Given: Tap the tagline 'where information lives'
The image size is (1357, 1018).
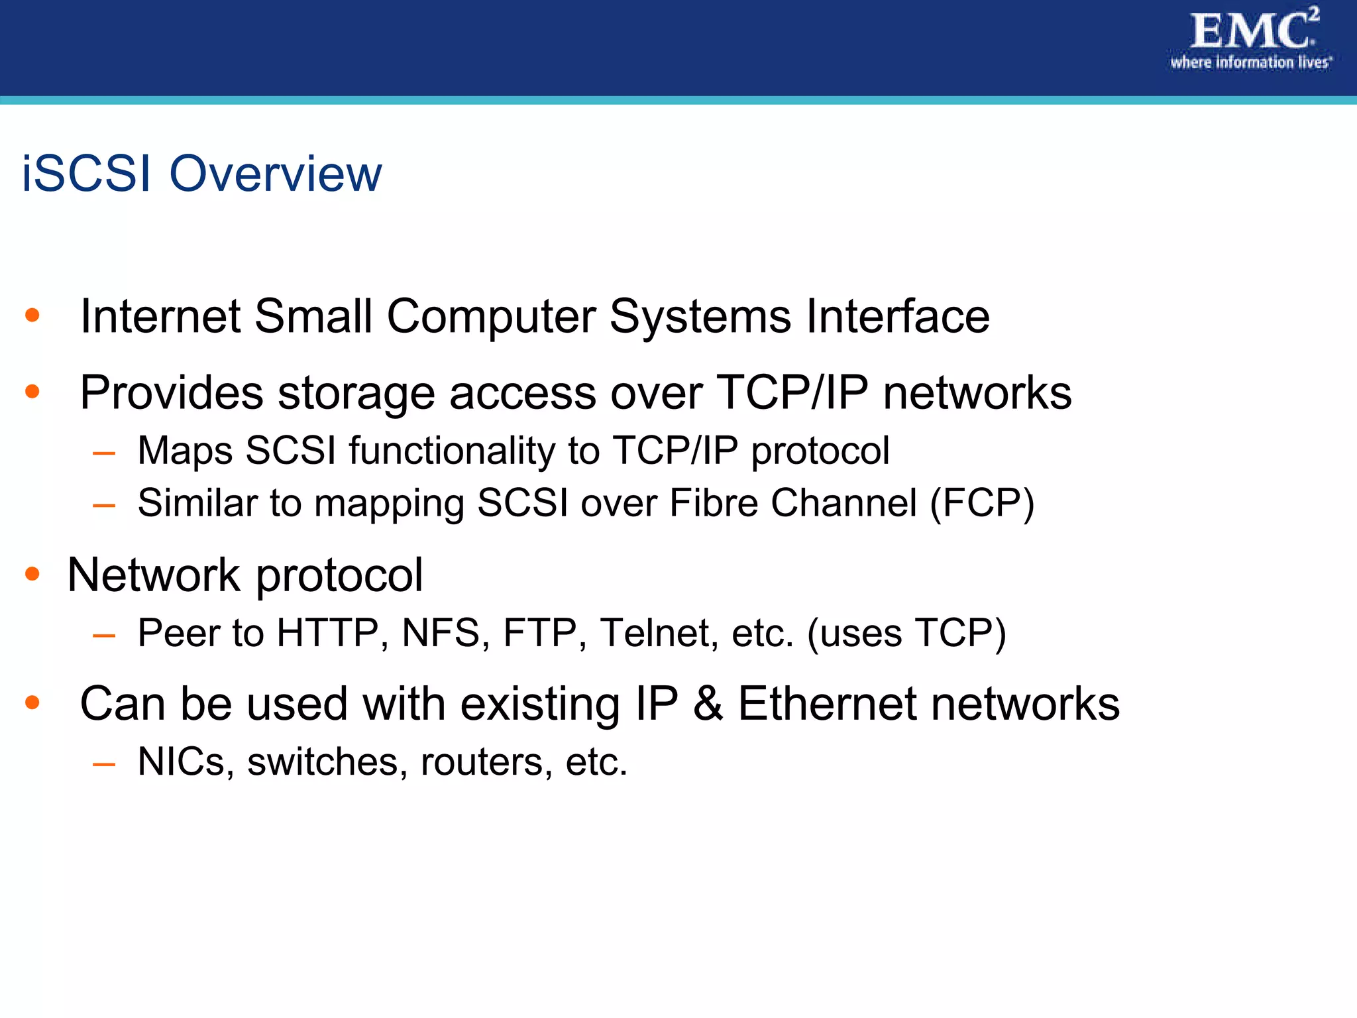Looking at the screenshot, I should pyautogui.click(x=1250, y=63).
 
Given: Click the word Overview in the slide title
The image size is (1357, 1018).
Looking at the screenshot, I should pyautogui.click(x=276, y=174).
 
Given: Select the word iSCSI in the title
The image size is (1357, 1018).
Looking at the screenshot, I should pyautogui.click(x=87, y=174).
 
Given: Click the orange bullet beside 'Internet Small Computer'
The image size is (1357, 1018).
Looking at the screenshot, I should pyautogui.click(x=32, y=315).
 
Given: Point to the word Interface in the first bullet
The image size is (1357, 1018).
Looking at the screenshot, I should pyautogui.click(x=898, y=316).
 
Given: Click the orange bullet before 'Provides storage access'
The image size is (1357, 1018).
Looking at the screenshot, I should pyautogui.click(x=32, y=392).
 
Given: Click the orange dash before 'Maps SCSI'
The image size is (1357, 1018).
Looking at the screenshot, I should pyautogui.click(x=104, y=453).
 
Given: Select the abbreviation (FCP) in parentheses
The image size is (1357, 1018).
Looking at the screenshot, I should pyautogui.click(x=982, y=503).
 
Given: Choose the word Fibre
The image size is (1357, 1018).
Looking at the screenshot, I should pyautogui.click(x=714, y=503).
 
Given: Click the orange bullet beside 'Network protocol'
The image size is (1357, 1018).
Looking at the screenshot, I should pyautogui.click(x=32, y=573).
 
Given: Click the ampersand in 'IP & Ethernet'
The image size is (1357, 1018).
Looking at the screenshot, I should pyautogui.click(x=708, y=703).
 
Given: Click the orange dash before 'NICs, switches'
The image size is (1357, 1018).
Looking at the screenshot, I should pyautogui.click(x=104, y=764).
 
